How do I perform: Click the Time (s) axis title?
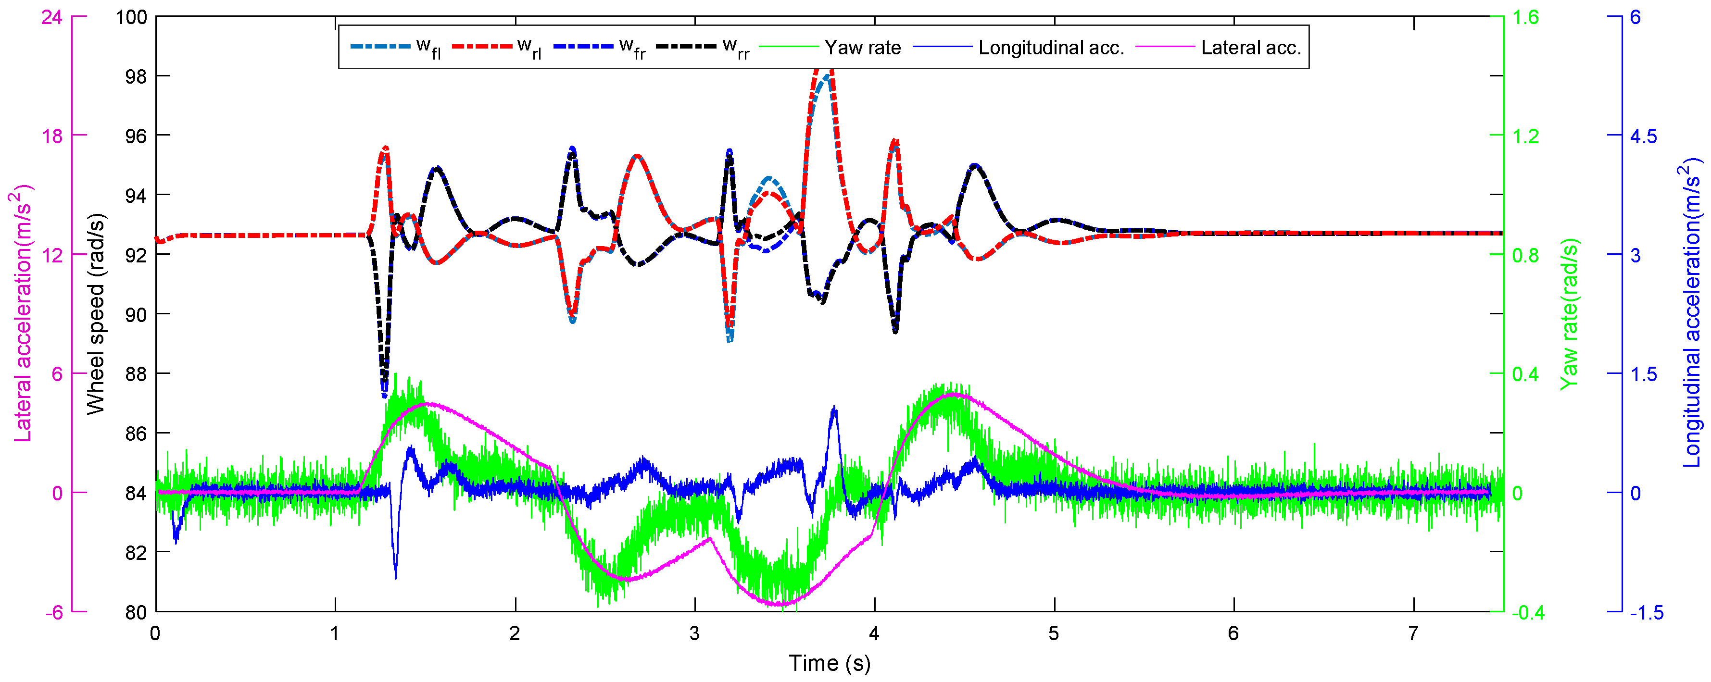point(829,663)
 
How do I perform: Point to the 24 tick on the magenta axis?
point(52,17)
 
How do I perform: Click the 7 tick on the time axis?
point(1413,633)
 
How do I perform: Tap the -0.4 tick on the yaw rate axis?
point(1528,612)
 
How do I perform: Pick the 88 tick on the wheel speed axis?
point(136,374)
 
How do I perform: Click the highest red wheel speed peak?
point(824,66)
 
